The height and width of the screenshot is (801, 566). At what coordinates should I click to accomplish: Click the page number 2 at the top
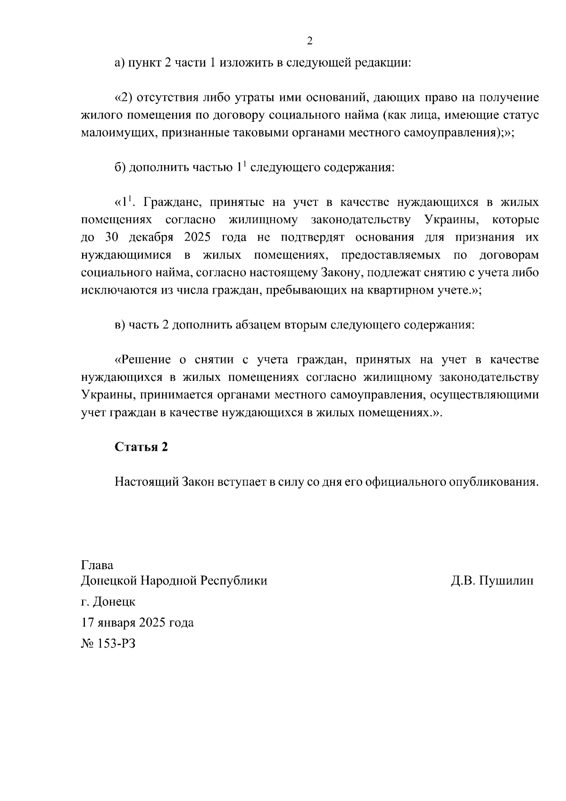coord(309,41)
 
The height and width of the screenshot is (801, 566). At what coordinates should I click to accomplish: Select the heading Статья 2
coord(141,447)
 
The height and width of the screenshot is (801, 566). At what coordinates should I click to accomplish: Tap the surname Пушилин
coord(506,581)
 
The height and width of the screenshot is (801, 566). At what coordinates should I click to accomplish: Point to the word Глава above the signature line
coord(97,565)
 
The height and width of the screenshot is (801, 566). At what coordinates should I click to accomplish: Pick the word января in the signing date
coord(117,623)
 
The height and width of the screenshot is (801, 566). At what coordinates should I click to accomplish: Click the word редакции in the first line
coord(384,63)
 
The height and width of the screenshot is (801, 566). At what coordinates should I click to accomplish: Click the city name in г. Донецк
coord(115,602)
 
